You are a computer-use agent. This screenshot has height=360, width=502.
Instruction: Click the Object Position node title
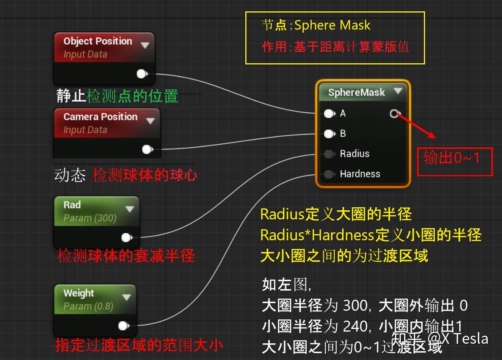tap(97, 41)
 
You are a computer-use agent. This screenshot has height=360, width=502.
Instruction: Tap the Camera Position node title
tap(100, 117)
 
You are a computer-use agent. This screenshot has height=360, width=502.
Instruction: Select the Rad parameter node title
tap(72, 205)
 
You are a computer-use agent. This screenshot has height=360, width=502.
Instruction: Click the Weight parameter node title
tap(78, 293)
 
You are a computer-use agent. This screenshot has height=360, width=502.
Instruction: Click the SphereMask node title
tap(356, 92)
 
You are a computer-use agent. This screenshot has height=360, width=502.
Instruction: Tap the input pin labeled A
tap(329, 113)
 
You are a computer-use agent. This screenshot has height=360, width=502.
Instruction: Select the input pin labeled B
tap(329, 133)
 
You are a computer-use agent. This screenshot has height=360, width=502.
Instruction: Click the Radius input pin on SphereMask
tap(329, 154)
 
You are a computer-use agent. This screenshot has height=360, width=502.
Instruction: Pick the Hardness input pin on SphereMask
tap(329, 174)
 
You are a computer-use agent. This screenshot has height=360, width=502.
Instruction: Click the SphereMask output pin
tap(395, 113)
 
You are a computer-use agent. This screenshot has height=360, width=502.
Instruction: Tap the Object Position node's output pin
tap(142, 74)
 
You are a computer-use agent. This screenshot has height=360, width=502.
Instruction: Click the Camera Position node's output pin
tap(147, 149)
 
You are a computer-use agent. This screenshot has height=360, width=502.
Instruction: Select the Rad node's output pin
tap(126, 238)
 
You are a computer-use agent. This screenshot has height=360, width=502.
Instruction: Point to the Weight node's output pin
tap(124, 326)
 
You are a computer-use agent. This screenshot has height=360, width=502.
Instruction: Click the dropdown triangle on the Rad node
tap(130, 209)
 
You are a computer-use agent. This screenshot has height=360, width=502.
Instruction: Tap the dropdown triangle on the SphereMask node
tap(398, 91)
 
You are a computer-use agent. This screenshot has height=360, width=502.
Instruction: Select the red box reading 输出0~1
tap(455, 162)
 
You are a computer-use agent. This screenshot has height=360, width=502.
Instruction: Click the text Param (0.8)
tap(88, 306)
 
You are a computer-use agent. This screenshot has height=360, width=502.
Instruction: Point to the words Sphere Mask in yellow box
tap(332, 25)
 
